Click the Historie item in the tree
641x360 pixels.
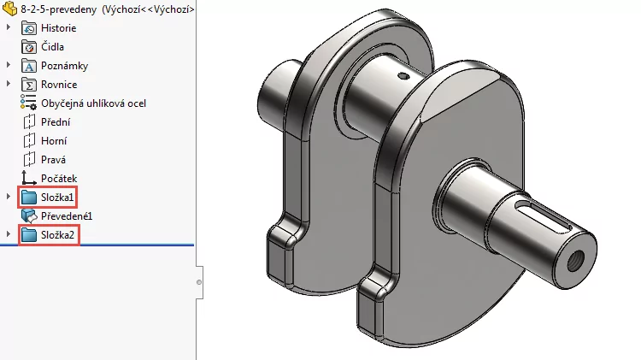[58, 28]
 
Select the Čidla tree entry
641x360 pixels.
[52, 47]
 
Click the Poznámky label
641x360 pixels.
[64, 66]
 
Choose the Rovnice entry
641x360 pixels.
[59, 85]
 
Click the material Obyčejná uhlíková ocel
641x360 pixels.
[93, 103]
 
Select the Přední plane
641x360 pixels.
[55, 122]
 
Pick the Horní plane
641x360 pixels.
[54, 141]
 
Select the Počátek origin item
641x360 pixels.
[57, 178]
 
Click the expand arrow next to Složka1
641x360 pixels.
[9, 198]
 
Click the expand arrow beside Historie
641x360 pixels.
[9, 28]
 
